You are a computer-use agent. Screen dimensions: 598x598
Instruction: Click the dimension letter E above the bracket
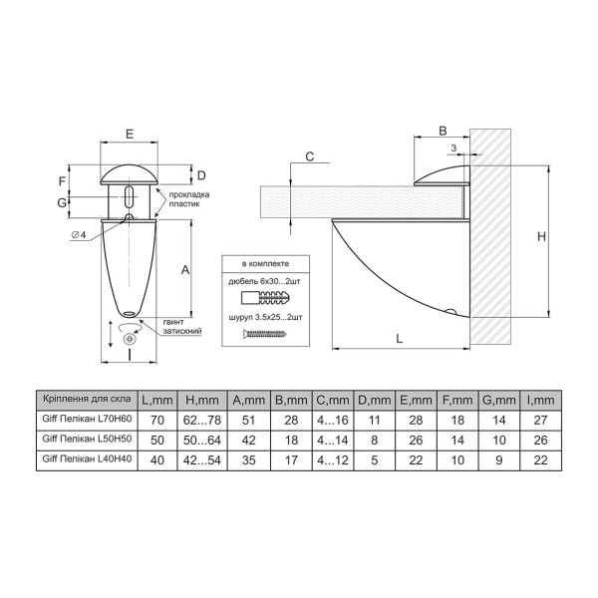click(130, 134)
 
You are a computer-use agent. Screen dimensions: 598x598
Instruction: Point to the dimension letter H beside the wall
click(541, 237)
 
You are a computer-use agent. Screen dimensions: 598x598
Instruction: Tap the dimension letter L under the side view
click(399, 338)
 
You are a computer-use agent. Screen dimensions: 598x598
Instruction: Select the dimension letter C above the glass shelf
click(310, 156)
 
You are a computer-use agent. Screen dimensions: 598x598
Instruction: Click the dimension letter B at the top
click(443, 131)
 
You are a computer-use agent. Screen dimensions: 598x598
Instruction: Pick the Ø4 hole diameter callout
click(78, 235)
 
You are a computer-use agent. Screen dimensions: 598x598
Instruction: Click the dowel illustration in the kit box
click(265, 297)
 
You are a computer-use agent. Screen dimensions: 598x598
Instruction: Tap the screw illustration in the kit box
click(265, 335)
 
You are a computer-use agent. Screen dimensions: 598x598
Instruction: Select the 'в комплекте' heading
click(265, 263)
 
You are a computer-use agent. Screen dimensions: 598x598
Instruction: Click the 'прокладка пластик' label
click(189, 199)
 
